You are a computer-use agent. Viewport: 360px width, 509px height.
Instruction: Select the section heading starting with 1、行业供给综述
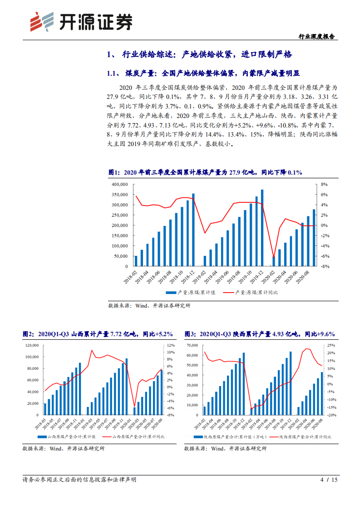[199, 55]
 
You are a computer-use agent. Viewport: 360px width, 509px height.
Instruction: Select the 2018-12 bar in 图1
[193, 230]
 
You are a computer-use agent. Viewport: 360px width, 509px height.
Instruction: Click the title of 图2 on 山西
[98, 334]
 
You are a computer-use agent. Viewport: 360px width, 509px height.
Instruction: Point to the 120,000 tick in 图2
[31, 345]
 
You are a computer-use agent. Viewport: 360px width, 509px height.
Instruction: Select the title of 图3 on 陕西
[259, 334]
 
